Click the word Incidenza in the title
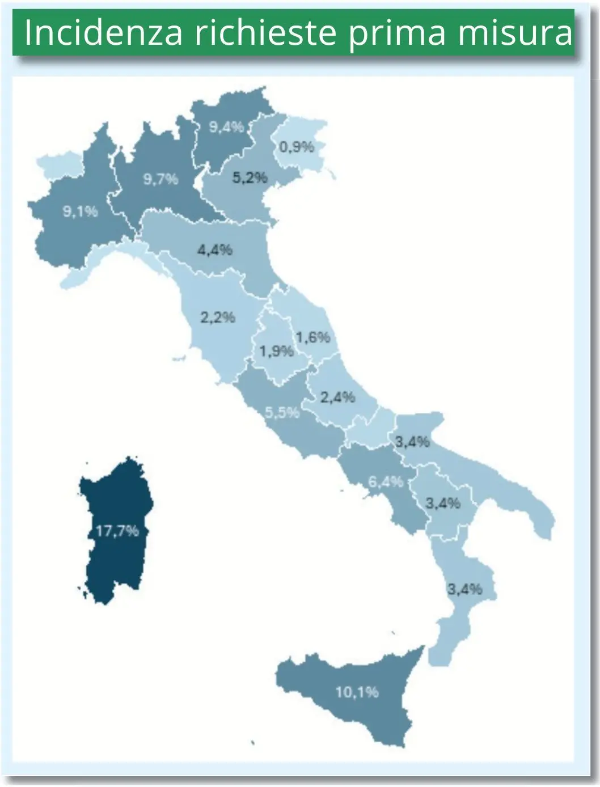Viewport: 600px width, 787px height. click(x=103, y=34)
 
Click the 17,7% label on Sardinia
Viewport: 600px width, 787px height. click(x=117, y=531)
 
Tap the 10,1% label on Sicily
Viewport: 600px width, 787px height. click(x=357, y=692)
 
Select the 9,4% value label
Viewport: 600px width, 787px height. click(x=226, y=127)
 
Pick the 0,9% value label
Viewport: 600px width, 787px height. click(x=297, y=147)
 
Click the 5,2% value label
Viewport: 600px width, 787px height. click(x=250, y=177)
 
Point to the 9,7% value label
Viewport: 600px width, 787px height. click(x=160, y=179)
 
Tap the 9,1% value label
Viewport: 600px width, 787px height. click(x=81, y=211)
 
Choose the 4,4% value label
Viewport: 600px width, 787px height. click(x=215, y=249)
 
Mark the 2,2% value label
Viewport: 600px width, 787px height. click(x=217, y=317)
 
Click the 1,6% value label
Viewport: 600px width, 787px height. click(x=312, y=337)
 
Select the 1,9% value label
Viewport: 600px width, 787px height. click(x=277, y=352)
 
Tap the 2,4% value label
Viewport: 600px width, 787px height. click(x=338, y=397)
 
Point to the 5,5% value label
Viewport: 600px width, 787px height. click(x=282, y=413)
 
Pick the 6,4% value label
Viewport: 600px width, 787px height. click(x=386, y=482)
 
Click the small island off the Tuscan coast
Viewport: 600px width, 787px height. click(x=180, y=358)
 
